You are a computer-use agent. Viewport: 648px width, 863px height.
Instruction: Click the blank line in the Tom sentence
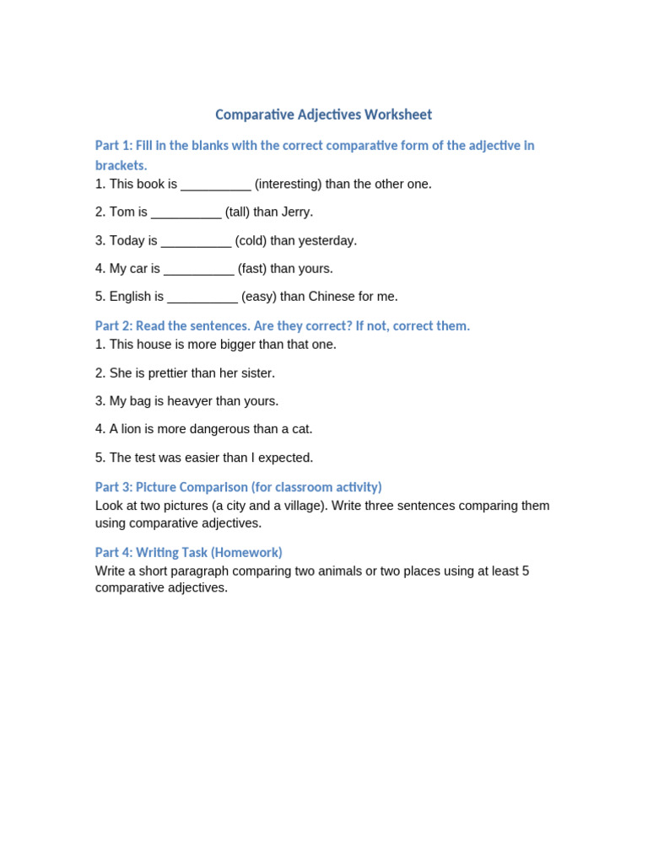186,212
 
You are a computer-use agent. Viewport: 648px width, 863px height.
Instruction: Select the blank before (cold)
196,241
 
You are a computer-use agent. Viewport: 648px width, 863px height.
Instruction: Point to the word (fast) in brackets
255,269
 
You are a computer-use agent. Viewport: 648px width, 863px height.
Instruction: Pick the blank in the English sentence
202,297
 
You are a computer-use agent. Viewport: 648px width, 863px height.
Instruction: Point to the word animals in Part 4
337,571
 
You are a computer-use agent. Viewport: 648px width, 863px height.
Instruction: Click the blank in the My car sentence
199,270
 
